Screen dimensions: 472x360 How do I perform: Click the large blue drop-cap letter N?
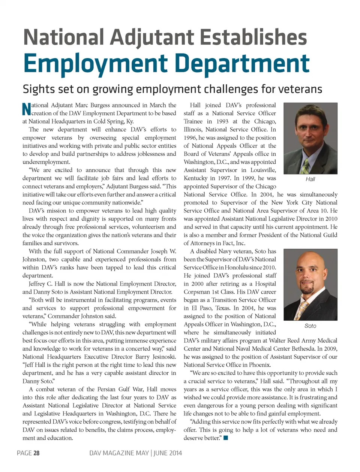(x=26, y=109)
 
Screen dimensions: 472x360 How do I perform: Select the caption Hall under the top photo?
(x=310, y=179)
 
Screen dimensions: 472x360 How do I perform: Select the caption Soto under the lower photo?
(x=310, y=326)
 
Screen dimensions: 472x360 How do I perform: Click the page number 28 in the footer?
(x=36, y=453)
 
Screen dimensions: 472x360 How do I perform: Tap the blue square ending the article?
(x=226, y=438)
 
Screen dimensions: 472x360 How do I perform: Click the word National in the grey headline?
(x=63, y=37)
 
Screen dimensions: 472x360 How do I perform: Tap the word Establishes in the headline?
(x=253, y=37)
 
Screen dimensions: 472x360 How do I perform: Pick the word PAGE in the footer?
(x=24, y=453)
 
